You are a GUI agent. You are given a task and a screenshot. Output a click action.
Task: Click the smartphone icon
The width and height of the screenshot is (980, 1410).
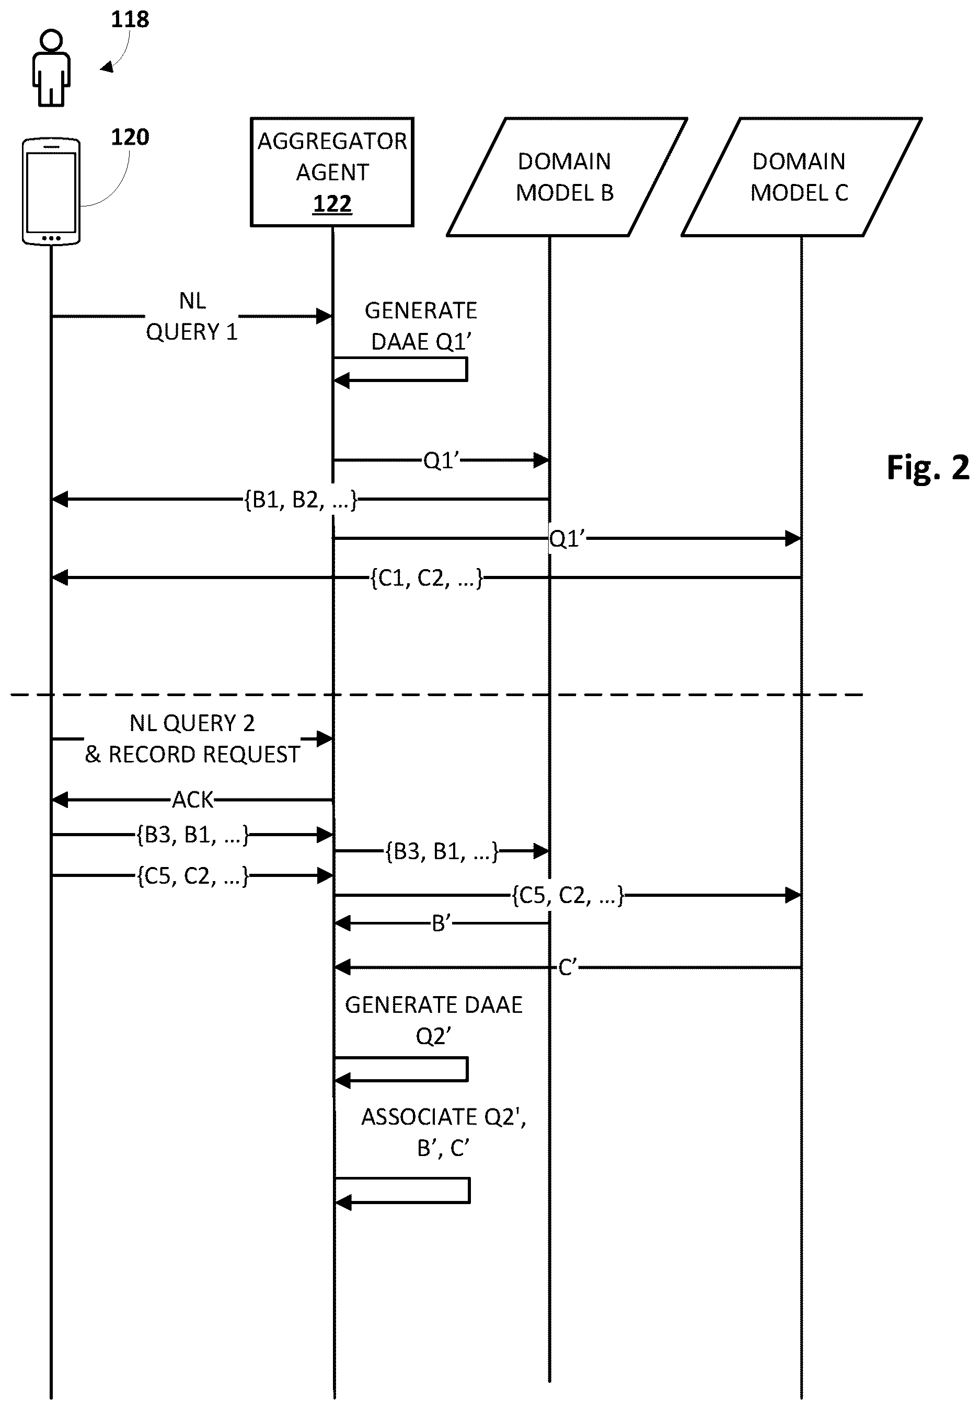pos(51,191)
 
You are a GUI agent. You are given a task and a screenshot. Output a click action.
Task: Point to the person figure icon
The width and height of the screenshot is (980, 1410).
pos(51,67)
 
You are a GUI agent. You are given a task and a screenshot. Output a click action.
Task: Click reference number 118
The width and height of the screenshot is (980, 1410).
pos(130,20)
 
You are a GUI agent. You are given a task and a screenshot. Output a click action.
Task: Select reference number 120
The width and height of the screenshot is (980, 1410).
pos(130,137)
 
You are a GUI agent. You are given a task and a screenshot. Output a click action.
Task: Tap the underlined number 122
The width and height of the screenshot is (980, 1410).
pos(332,204)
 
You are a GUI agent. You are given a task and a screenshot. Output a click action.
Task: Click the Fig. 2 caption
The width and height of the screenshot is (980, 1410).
pos(928,468)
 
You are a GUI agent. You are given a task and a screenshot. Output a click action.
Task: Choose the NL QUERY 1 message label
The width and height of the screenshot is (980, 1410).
pos(192,317)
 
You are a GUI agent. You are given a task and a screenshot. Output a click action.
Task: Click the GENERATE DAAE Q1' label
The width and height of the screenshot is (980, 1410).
pos(421,326)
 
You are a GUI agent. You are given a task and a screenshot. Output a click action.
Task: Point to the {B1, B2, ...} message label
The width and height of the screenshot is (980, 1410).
pos(300,500)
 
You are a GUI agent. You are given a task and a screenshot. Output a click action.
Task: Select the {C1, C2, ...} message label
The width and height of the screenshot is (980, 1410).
pos(426,578)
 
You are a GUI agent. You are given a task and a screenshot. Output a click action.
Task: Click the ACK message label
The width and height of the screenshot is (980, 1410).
pos(193,800)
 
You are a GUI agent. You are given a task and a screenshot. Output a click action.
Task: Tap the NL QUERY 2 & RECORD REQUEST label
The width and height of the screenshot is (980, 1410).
pos(192,739)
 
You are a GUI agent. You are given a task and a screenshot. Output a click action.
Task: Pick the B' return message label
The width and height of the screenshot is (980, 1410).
pos(442,923)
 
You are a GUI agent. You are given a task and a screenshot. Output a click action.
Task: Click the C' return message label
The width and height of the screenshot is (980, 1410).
pos(568,968)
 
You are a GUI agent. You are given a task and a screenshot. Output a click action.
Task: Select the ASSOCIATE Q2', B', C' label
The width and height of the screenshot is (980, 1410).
pos(443,1132)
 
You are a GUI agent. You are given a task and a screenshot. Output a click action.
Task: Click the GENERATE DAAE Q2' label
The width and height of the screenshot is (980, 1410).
pos(433,1021)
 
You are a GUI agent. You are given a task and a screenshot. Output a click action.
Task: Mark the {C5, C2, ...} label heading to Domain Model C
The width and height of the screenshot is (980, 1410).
pos(568,896)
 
